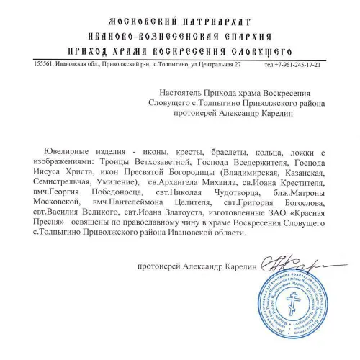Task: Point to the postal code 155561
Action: click(x=45, y=64)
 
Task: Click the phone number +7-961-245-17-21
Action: click(x=301, y=66)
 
